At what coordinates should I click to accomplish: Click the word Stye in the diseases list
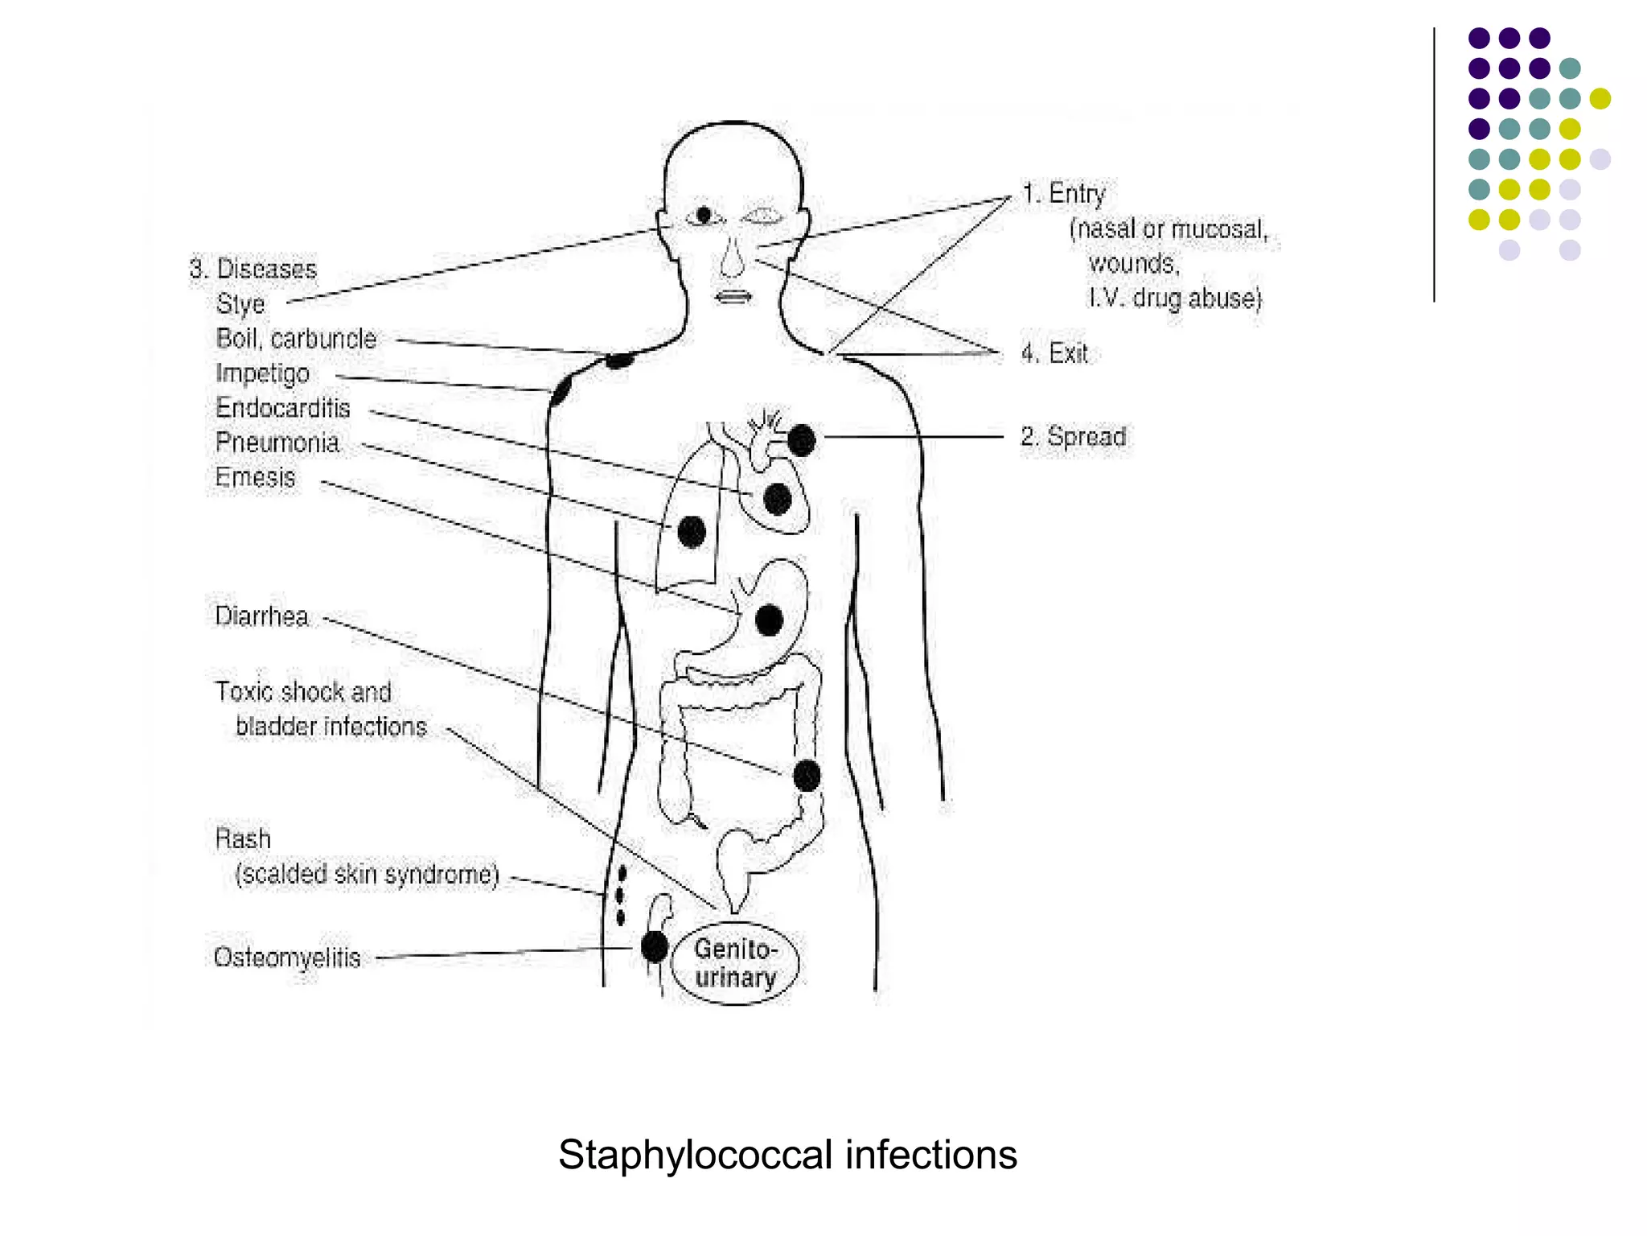pos(240,304)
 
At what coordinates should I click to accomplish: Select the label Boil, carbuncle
pos(296,339)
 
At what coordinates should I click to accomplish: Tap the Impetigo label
pos(262,373)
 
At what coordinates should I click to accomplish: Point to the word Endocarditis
pos(282,408)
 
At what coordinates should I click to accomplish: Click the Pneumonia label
pos(277,443)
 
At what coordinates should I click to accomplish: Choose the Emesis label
pos(255,477)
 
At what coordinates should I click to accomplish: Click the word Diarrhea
pos(261,616)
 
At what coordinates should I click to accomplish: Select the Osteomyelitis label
pos(287,958)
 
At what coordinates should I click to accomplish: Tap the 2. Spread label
pos(1073,437)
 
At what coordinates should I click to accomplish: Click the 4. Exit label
pos(1054,353)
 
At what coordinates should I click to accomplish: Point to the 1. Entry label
pos(1063,194)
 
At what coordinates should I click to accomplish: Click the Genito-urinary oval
pos(735,963)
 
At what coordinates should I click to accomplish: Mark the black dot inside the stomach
pos(769,620)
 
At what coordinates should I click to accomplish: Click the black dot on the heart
pos(777,500)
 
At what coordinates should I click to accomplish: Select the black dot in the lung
pos(692,532)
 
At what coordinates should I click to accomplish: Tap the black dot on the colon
pos(807,776)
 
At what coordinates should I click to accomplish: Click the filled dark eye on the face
pos(704,215)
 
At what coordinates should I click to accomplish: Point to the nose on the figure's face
pos(732,257)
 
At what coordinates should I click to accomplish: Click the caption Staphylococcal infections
pos(787,1155)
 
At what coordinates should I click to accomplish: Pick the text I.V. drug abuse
pos(1175,299)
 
